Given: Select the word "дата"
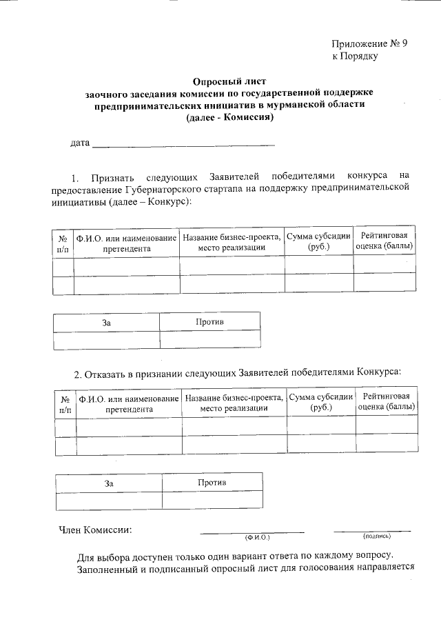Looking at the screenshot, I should [x=81, y=143].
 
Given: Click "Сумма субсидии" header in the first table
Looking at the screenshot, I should [x=318, y=241].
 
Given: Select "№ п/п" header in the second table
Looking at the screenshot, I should [x=64, y=403].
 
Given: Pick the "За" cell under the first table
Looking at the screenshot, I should [x=106, y=322].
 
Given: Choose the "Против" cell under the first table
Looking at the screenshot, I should [x=209, y=322].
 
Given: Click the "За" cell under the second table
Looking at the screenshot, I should [x=108, y=483].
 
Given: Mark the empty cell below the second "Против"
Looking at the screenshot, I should [x=212, y=500].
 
